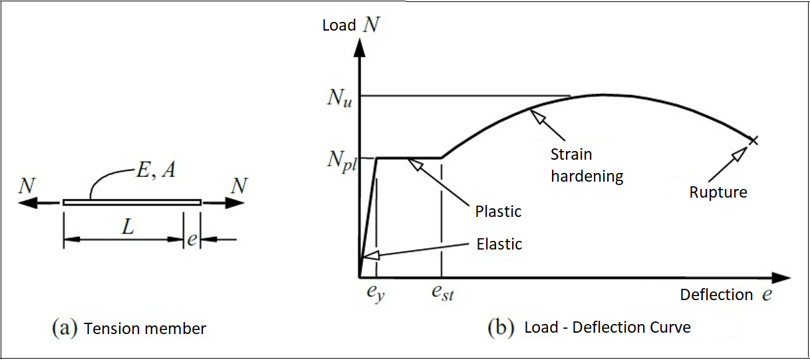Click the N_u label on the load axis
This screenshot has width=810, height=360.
[x=339, y=98]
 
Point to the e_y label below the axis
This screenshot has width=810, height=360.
[x=376, y=293]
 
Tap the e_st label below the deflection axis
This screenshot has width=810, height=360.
[x=443, y=293]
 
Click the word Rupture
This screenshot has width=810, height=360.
[x=718, y=192]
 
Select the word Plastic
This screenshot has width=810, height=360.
[x=498, y=212]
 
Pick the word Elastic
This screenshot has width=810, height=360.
[x=499, y=244]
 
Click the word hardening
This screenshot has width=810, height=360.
[x=587, y=176]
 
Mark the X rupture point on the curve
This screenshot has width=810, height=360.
[x=753, y=140]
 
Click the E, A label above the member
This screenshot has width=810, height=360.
[x=156, y=169]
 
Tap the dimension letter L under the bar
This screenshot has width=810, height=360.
[x=128, y=227]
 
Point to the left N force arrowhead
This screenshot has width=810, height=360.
[x=28, y=203]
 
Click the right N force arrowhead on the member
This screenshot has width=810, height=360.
[x=235, y=202]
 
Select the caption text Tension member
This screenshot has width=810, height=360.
[x=145, y=329]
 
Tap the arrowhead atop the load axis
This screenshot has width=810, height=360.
[x=359, y=48]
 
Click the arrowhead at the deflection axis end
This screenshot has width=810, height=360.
[x=781, y=278]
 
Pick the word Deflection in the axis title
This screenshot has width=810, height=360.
[x=716, y=295]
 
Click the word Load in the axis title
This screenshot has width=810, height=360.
[x=339, y=25]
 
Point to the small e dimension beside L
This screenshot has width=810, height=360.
[x=192, y=239]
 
